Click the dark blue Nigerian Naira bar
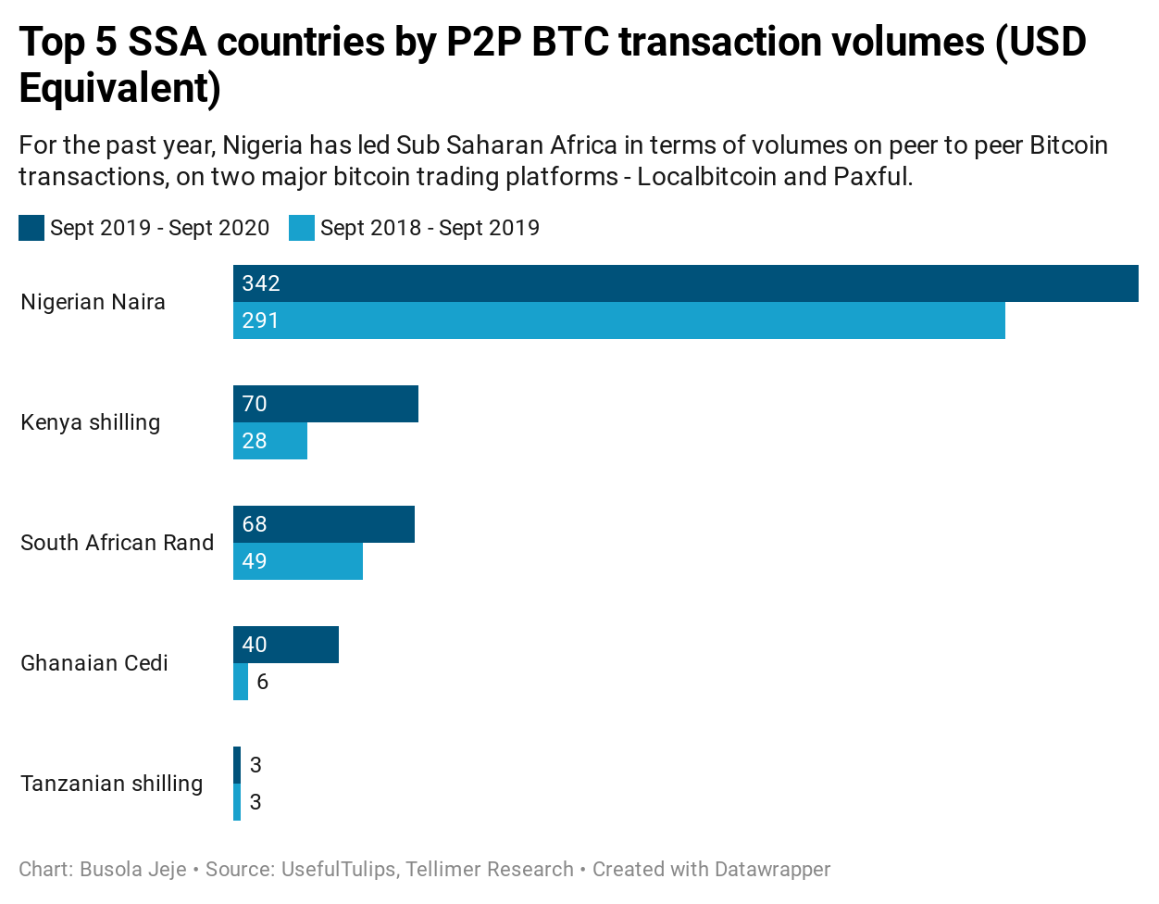pos(685,283)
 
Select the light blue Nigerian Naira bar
pos(618,320)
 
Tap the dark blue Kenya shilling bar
pos(326,404)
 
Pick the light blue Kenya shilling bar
pos(270,441)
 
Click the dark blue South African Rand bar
pos(324,524)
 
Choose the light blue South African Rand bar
pos(298,561)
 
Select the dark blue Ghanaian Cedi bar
pos(286,645)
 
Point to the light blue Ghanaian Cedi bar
pos(241,682)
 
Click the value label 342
pos(261,283)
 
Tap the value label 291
pos(261,320)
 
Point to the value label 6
pos(263,682)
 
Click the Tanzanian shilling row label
pos(112,784)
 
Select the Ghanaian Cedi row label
pos(94,663)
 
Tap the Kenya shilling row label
pos(91,422)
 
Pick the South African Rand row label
pos(118,543)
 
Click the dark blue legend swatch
pos(31,228)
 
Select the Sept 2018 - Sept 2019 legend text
pos(430,228)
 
